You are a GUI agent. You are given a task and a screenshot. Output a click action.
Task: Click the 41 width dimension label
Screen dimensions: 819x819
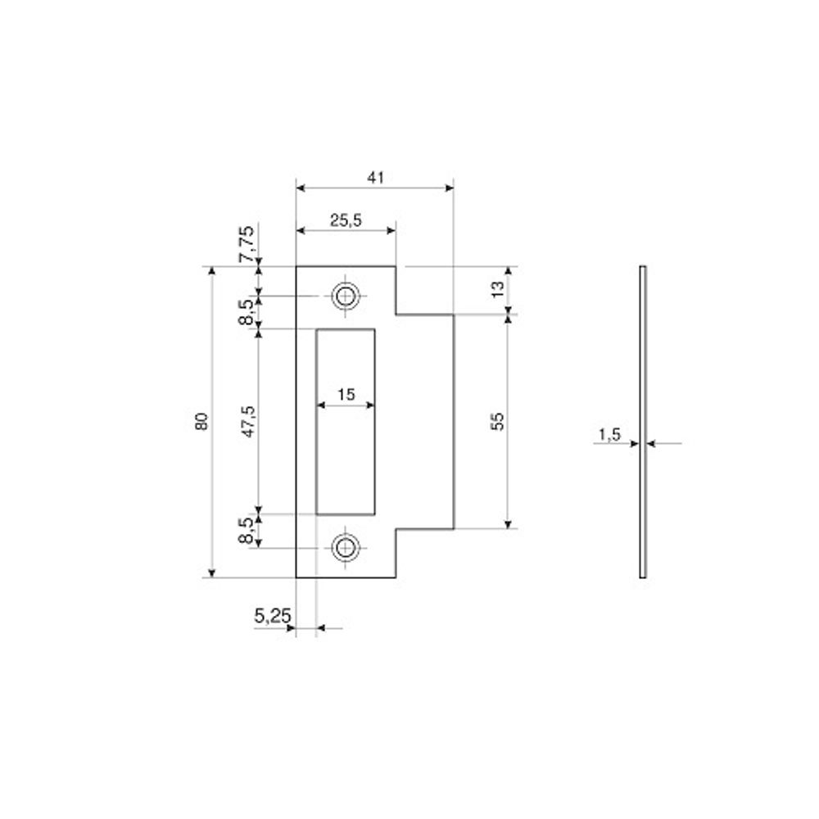(x=375, y=178)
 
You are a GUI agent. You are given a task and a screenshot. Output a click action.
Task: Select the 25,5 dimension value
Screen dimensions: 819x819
(x=346, y=220)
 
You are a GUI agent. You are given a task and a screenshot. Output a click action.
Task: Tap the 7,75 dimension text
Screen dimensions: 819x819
(x=247, y=244)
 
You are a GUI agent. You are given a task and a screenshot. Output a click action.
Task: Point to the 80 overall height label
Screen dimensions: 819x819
(x=201, y=422)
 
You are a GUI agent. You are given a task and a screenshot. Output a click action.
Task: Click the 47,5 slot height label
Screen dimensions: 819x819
(x=250, y=422)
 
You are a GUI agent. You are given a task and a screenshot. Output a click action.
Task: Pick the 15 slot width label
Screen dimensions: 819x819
(x=346, y=395)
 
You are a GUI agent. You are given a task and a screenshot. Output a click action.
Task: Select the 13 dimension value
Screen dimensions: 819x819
(x=498, y=289)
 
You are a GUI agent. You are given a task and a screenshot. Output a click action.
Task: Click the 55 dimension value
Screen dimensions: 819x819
(x=498, y=422)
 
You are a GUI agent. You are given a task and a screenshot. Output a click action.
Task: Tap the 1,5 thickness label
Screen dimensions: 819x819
(x=609, y=435)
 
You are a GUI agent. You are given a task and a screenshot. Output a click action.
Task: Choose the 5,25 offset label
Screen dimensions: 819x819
(x=272, y=617)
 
